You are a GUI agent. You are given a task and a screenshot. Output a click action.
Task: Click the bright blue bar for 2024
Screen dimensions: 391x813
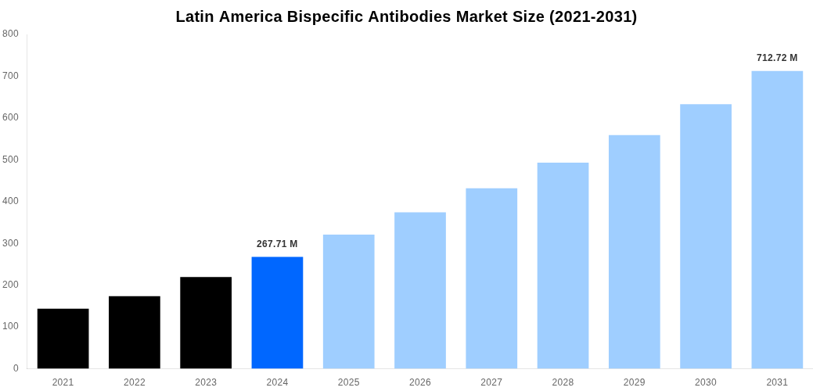point(277,313)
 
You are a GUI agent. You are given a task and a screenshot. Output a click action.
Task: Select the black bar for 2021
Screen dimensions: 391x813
point(63,339)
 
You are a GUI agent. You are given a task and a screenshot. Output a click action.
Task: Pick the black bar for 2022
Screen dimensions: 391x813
point(135,332)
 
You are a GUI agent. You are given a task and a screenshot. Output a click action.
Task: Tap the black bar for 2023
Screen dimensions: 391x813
point(206,323)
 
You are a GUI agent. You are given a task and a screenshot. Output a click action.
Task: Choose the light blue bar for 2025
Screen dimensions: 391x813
point(348,302)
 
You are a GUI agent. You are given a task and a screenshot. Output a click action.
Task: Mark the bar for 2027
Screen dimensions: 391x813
point(491,278)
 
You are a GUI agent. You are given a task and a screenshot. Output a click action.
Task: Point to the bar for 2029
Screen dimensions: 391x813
point(634,252)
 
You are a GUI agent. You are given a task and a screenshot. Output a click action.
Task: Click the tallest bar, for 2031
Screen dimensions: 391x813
point(777,220)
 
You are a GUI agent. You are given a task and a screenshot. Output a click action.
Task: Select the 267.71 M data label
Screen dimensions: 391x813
point(277,244)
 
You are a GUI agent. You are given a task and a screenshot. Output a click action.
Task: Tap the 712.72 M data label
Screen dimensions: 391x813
point(777,58)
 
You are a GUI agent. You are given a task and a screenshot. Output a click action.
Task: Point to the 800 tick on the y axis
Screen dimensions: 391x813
point(10,34)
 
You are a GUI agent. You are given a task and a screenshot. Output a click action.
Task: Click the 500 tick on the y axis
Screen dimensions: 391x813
point(10,160)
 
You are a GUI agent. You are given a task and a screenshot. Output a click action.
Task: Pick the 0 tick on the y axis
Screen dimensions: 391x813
point(16,368)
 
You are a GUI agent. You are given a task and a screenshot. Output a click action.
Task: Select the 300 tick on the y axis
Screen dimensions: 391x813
point(10,243)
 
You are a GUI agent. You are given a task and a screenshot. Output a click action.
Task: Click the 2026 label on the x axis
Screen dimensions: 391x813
point(420,382)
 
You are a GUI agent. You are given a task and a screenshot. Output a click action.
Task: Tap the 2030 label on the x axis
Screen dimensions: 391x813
point(706,382)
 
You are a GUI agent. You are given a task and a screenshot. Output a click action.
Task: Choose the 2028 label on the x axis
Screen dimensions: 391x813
point(563,382)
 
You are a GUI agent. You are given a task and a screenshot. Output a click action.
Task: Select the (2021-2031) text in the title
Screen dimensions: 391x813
point(593,16)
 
